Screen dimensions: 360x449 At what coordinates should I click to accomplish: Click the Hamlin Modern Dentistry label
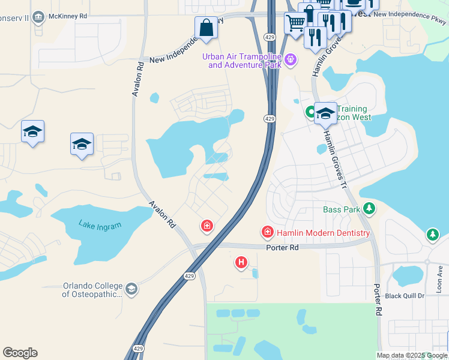point(324,233)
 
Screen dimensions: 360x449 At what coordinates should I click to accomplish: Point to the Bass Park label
point(342,209)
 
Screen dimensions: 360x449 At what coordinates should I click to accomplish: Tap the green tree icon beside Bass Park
point(370,209)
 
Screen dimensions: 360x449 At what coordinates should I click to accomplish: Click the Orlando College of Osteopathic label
point(92,290)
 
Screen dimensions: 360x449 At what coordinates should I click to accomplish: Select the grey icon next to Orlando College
point(131,290)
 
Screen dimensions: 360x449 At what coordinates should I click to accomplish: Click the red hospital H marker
point(241,262)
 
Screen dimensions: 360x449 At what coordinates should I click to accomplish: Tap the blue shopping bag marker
point(206,28)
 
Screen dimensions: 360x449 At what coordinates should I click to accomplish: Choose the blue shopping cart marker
point(295,23)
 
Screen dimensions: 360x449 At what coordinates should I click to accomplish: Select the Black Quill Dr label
point(405,296)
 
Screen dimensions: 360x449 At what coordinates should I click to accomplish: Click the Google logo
point(20,353)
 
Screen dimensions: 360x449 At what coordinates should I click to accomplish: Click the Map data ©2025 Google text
point(412,355)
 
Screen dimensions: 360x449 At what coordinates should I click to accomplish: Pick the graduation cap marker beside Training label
point(325,112)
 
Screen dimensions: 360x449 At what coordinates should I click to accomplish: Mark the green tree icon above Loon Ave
point(432,235)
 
